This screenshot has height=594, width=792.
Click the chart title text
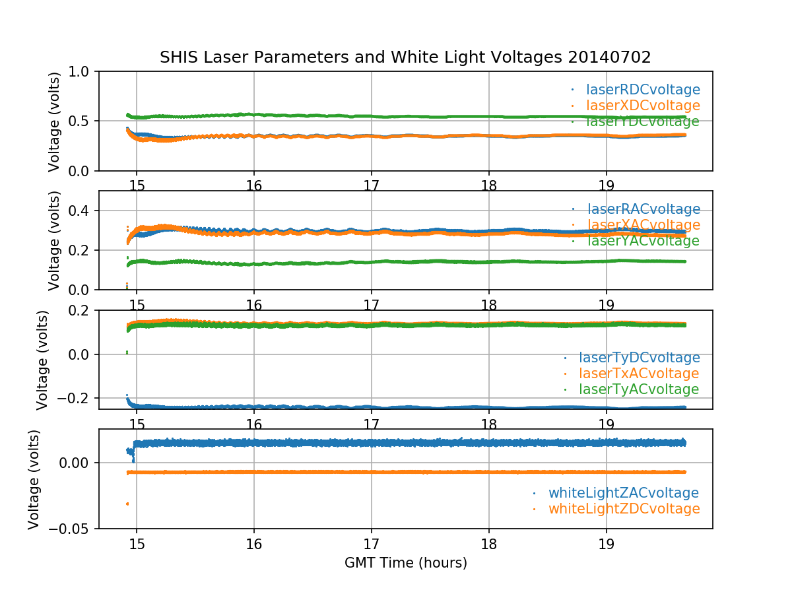click(405, 57)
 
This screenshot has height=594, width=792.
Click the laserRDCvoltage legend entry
click(634, 90)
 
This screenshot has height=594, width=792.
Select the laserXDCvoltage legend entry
click(634, 106)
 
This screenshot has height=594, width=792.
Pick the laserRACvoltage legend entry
click(634, 210)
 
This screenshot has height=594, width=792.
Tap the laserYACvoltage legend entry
click(634, 242)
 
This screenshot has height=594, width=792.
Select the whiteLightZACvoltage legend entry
click(623, 493)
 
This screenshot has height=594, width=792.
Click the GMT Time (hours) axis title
click(405, 563)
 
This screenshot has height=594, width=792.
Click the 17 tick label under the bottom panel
click(371, 546)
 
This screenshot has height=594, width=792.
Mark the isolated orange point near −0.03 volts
click(127, 504)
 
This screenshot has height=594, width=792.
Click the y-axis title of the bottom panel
click(34, 479)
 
